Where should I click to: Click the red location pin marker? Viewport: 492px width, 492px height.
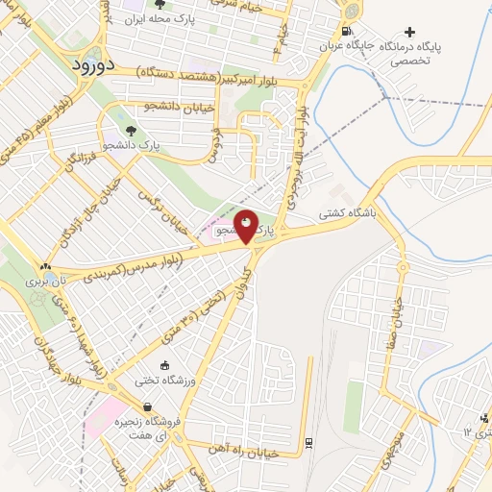[247, 227]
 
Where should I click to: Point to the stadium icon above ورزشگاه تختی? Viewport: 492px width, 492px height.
[164, 365]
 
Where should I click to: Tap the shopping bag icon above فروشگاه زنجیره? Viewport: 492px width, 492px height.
[146, 407]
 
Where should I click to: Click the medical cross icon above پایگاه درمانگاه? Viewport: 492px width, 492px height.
[411, 32]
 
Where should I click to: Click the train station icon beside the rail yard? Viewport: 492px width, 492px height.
[307, 441]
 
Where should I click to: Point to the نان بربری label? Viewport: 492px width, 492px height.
[48, 282]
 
